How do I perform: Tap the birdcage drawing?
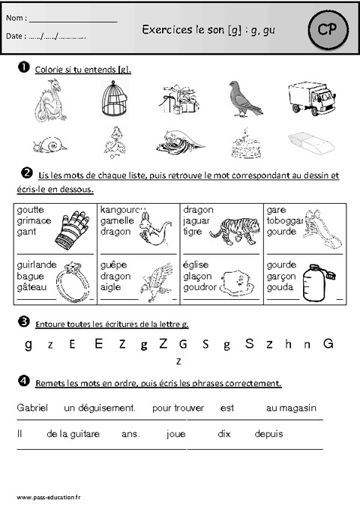pyautogui.click(x=115, y=100)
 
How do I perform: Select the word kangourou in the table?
pyautogui.click(x=122, y=211)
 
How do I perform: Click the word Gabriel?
pyautogui.click(x=31, y=408)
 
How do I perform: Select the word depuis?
pyautogui.click(x=268, y=433)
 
